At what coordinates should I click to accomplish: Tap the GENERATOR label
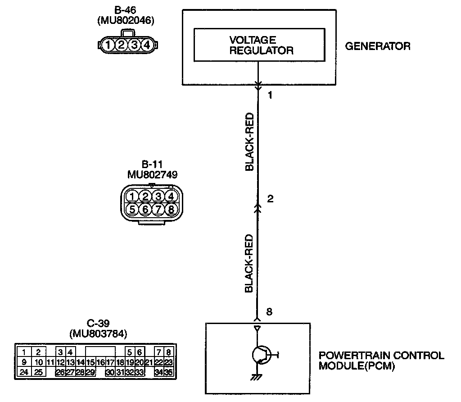[377, 46]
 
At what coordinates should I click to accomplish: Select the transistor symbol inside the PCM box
[261, 355]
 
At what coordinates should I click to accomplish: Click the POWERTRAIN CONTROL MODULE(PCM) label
[381, 361]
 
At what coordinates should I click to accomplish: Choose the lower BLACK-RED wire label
[249, 264]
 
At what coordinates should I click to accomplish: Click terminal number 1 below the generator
[270, 96]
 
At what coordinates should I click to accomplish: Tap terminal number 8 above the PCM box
[269, 312]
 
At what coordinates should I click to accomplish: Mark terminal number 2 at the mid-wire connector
[270, 199]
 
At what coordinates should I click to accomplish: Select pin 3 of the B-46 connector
[134, 45]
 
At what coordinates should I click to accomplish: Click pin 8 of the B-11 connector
[170, 209]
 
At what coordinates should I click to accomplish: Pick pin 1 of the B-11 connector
[132, 196]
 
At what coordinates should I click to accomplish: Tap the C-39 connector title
[98, 324]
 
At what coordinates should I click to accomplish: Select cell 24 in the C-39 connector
[24, 372]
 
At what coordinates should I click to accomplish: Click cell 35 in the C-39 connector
[169, 372]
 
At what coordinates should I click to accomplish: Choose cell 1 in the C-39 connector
[24, 352]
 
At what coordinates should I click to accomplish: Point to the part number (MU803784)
[98, 334]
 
